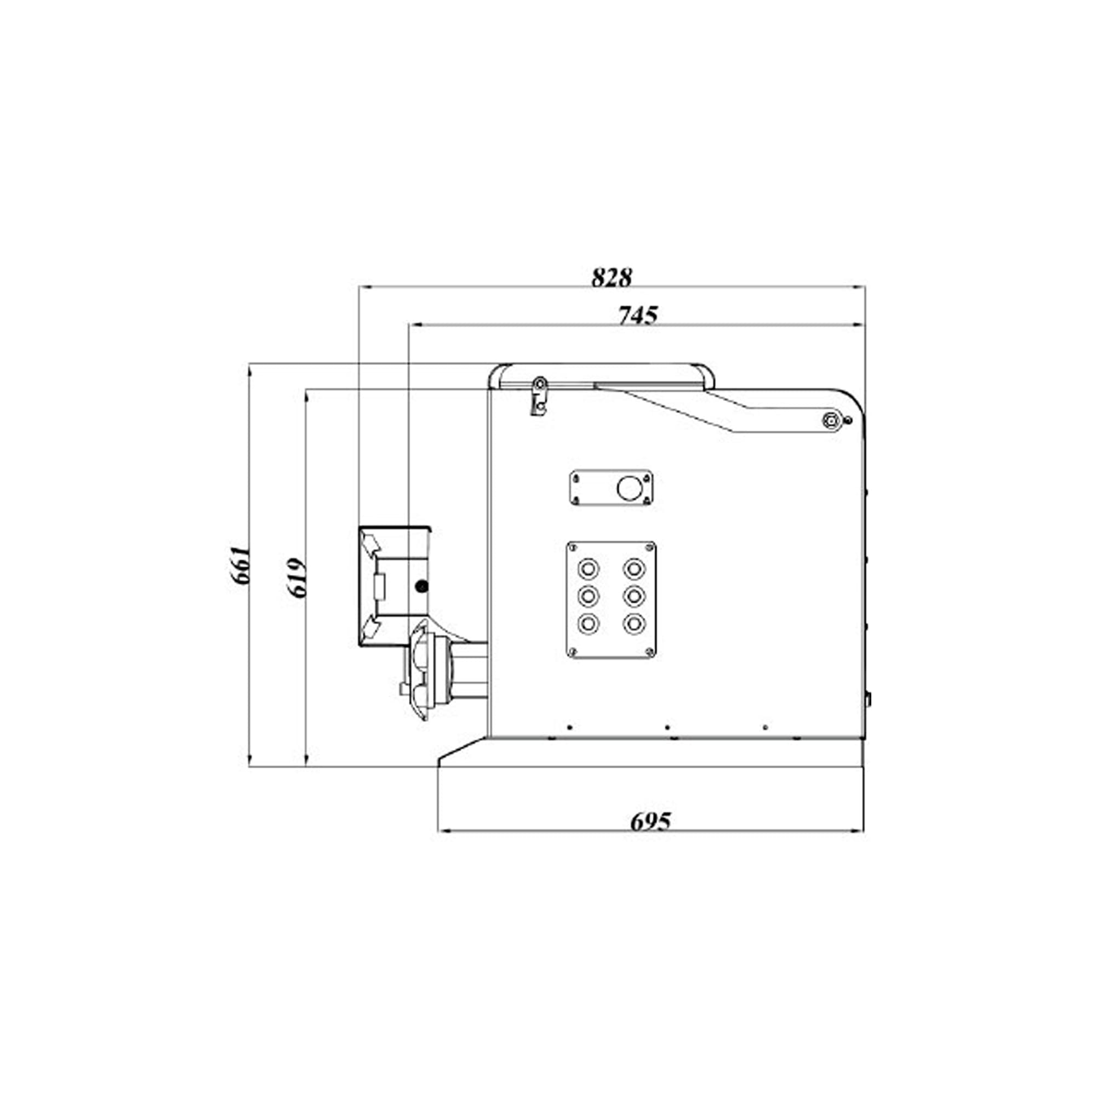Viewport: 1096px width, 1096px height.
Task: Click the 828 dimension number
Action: (x=612, y=277)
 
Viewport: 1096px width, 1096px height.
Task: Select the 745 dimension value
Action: (x=638, y=316)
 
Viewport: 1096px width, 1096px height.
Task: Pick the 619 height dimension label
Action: (x=296, y=578)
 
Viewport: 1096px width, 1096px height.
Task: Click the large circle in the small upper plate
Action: (x=628, y=488)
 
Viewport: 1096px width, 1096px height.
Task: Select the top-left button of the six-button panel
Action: (x=588, y=568)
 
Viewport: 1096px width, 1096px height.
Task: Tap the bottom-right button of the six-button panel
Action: (x=633, y=624)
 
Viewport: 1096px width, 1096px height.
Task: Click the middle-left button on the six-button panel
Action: (x=588, y=596)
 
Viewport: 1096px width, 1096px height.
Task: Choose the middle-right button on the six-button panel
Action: (x=633, y=596)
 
